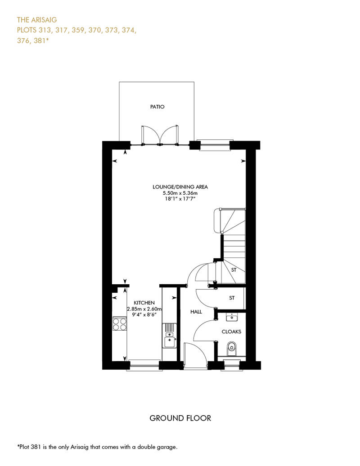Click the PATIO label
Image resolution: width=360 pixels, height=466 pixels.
pyautogui.click(x=157, y=107)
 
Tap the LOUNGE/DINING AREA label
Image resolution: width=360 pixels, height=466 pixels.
pyautogui.click(x=180, y=187)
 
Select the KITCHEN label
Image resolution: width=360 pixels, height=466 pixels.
pyautogui.click(x=144, y=303)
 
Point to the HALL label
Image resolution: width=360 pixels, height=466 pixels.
pyautogui.click(x=196, y=312)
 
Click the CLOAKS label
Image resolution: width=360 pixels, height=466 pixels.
pyautogui.click(x=232, y=332)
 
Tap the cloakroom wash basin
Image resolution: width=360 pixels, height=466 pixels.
pyautogui.click(x=232, y=317)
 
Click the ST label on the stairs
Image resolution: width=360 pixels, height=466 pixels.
pyautogui.click(x=234, y=270)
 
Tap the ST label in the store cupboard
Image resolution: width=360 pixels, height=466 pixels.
pyautogui.click(x=232, y=298)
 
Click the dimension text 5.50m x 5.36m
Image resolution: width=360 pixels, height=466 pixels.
pyautogui.click(x=180, y=193)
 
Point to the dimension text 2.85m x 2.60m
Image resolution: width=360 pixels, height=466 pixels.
pyautogui.click(x=144, y=309)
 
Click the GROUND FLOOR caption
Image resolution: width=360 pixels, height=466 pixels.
pyautogui.click(x=180, y=418)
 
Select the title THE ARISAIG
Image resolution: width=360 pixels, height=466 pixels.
pyautogui.click(x=37, y=20)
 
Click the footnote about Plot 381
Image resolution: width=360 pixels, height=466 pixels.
pyautogui.click(x=97, y=447)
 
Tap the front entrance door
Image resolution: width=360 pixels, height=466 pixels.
pyautogui.click(x=195, y=356)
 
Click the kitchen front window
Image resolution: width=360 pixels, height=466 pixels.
pyautogui.click(x=144, y=365)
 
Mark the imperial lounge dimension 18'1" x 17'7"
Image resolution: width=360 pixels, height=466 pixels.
pyautogui.click(x=180, y=198)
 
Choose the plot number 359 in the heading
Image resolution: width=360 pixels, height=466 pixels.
pyautogui.click(x=78, y=30)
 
